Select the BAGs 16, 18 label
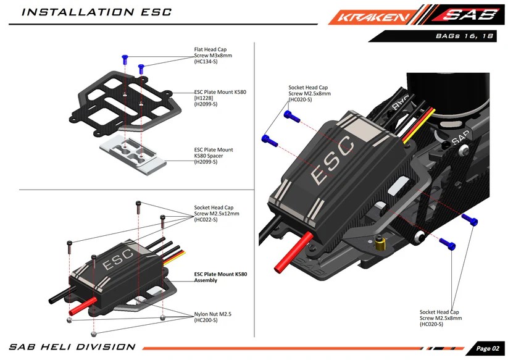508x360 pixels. pos(464,37)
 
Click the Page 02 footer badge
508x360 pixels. pos(486,348)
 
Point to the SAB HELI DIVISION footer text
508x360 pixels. pos(72,347)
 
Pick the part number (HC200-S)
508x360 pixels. pos(206,320)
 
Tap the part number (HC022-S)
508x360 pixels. pos(206,219)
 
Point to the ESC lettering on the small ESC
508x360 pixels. pos(117,259)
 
